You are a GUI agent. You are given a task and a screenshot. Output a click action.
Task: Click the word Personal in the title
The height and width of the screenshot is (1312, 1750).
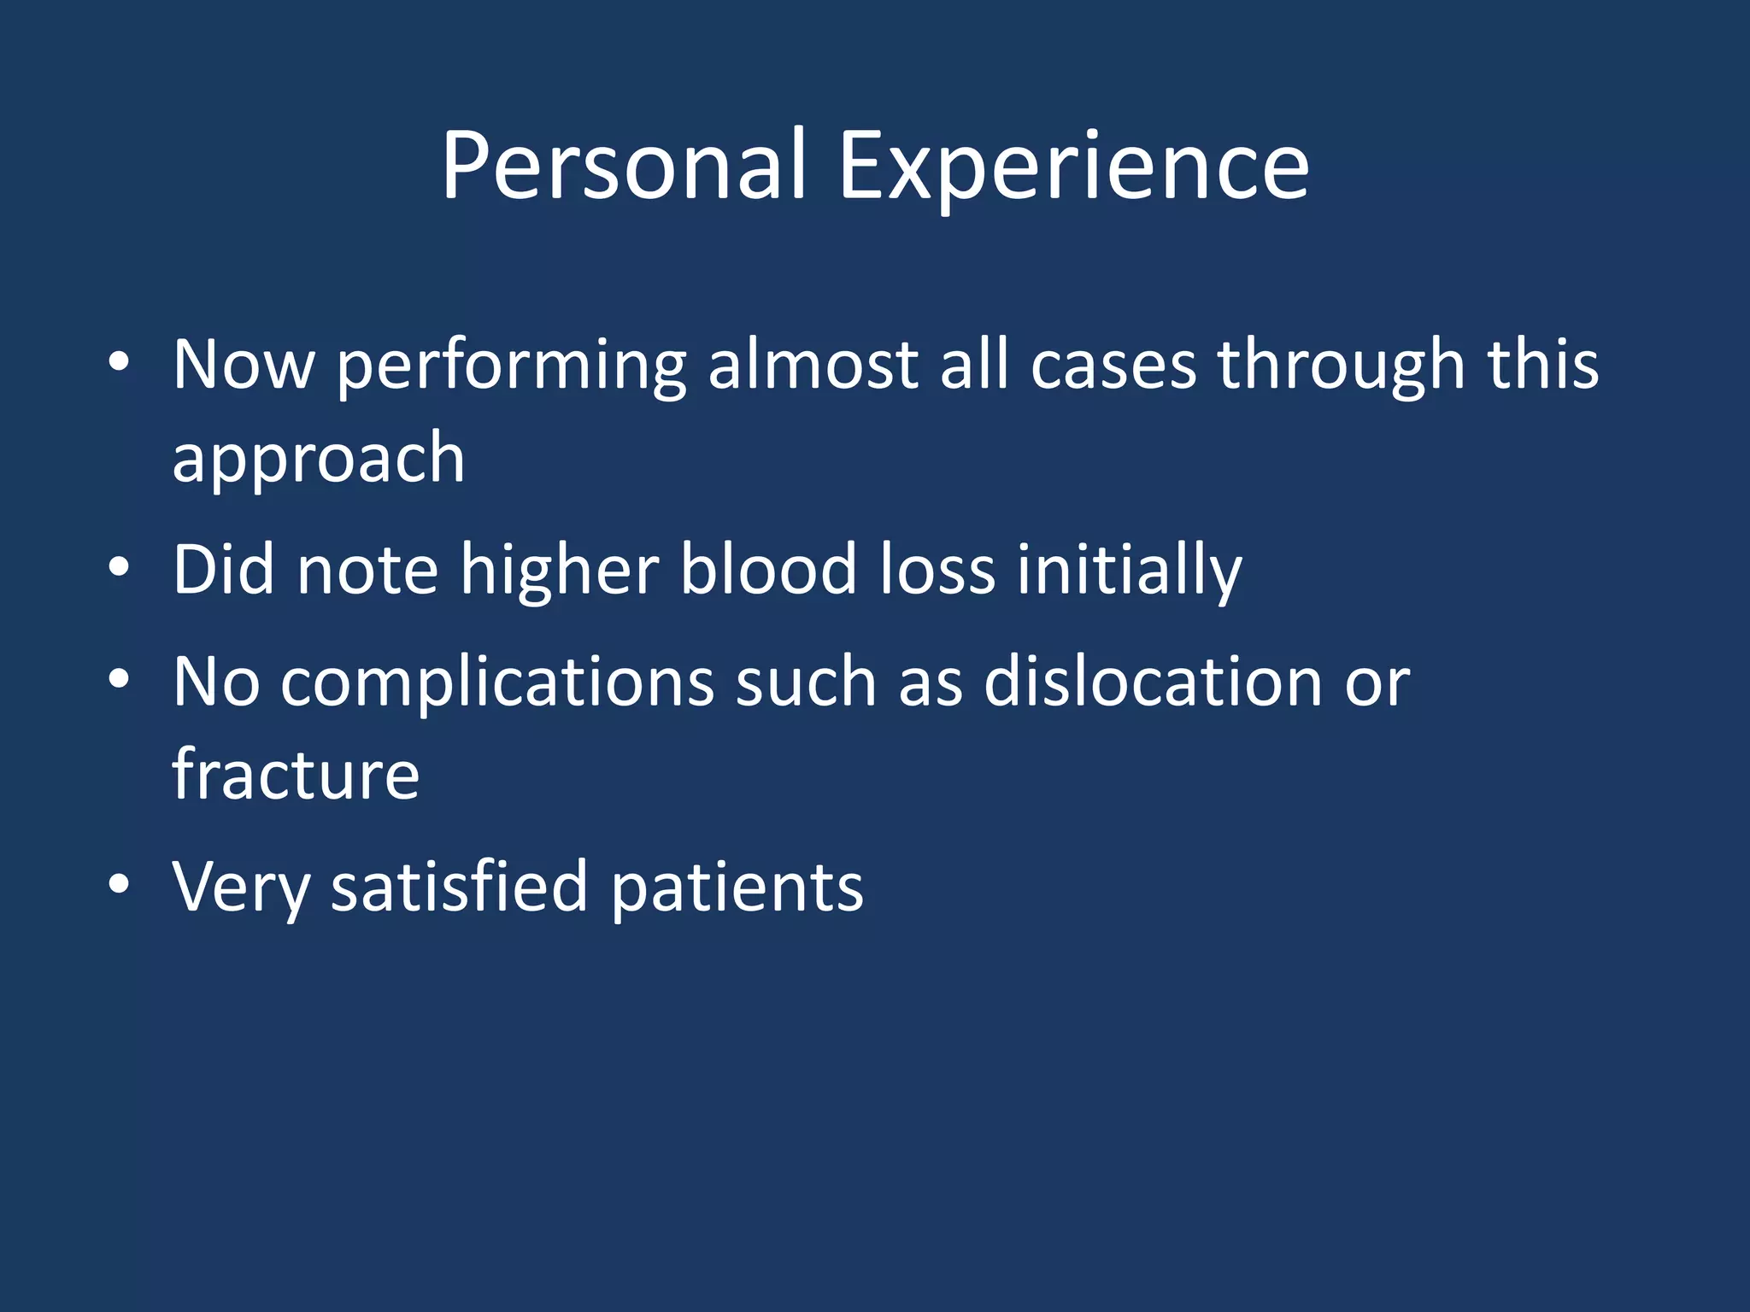click(x=624, y=167)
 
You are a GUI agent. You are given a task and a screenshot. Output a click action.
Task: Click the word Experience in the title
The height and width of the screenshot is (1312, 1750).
click(x=1073, y=167)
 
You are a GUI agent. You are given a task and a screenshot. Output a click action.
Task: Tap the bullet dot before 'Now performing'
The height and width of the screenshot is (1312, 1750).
click(x=119, y=361)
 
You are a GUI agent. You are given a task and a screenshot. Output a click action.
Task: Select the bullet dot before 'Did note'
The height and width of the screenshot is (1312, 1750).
click(x=119, y=566)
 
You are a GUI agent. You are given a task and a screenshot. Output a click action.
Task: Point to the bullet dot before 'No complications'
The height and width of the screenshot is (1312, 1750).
click(x=119, y=679)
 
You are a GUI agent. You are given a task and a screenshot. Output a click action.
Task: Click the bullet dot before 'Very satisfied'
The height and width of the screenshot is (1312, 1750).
click(x=119, y=884)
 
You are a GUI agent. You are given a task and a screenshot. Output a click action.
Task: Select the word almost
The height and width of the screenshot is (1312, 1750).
click(x=813, y=366)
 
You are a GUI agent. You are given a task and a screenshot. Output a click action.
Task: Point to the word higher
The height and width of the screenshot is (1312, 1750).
click(x=560, y=571)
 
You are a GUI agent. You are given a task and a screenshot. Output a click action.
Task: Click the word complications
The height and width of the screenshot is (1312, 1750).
click(x=496, y=683)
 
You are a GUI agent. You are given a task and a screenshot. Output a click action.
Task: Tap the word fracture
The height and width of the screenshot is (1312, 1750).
click(x=296, y=774)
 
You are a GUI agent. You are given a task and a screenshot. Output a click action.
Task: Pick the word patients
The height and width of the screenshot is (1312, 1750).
click(x=737, y=888)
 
